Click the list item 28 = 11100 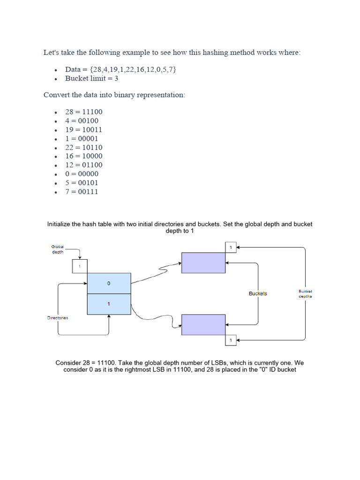pyautogui.click(x=83, y=112)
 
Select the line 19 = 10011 pyautogui.click(x=83, y=130)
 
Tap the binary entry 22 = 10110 pyautogui.click(x=83, y=148)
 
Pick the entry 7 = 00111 pyautogui.click(x=82, y=192)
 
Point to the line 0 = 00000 pyautogui.click(x=82, y=174)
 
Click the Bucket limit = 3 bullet pyautogui.click(x=91, y=78)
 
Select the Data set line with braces pyautogui.click(x=120, y=69)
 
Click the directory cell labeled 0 pyautogui.click(x=109, y=284)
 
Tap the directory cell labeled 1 pyautogui.click(x=109, y=304)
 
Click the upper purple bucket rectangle pyautogui.click(x=203, y=262)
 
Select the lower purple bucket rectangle pyautogui.click(x=203, y=325)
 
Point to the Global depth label pyautogui.click(x=58, y=249)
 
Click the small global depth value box pyautogui.click(x=80, y=266)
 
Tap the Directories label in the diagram pyautogui.click(x=58, y=318)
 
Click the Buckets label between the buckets pyautogui.click(x=258, y=293)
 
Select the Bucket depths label pyautogui.click(x=305, y=294)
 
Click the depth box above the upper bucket pyautogui.click(x=231, y=247)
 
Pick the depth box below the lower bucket pyautogui.click(x=231, y=340)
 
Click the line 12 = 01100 pyautogui.click(x=83, y=165)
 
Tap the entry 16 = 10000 pyautogui.click(x=83, y=156)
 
